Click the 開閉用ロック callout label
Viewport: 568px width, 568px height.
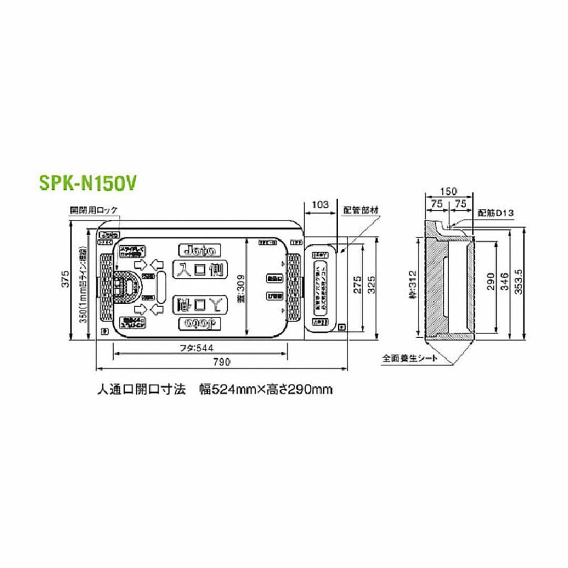pyautogui.click(x=95, y=210)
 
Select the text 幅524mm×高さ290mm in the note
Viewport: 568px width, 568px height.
pyautogui.click(x=266, y=390)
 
